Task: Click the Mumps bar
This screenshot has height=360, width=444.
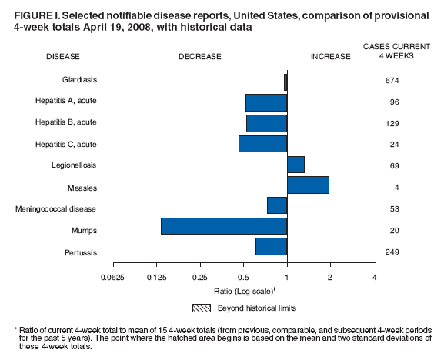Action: coord(224,226)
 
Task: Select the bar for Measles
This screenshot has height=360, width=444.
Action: coord(308,185)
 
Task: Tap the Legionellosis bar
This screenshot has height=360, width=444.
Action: coord(295,165)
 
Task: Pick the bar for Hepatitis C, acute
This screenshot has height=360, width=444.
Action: coord(262,144)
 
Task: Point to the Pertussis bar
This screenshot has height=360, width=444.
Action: coord(271,246)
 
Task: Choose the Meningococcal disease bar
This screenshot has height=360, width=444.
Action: coord(276,205)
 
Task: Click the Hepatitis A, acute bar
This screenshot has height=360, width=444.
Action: coord(265,102)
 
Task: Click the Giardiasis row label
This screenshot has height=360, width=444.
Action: coord(79,80)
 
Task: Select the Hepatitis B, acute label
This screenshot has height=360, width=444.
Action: coord(66,122)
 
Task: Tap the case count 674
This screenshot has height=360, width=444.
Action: coord(392,81)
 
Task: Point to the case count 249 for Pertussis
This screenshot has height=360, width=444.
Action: coord(392,252)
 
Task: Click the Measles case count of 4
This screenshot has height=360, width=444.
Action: coord(392,188)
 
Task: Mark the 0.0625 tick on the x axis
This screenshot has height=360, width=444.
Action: coord(113,277)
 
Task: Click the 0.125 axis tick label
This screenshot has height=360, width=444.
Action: coord(156,277)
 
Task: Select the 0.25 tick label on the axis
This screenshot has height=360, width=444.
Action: coord(200,277)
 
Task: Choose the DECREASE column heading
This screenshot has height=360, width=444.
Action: coord(200,57)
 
